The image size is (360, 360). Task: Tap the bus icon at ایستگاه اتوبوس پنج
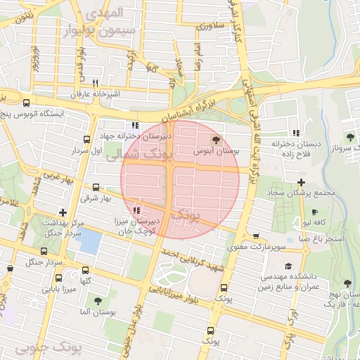tap(26, 101)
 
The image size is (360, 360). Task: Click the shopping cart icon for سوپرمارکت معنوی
tap(255, 236)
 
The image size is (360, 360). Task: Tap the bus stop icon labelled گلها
tap(86, 270)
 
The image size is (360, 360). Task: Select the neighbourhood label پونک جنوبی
tap(48, 347)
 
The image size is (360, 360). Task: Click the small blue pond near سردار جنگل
tap(88, 241)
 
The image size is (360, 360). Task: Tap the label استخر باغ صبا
tap(321, 239)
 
